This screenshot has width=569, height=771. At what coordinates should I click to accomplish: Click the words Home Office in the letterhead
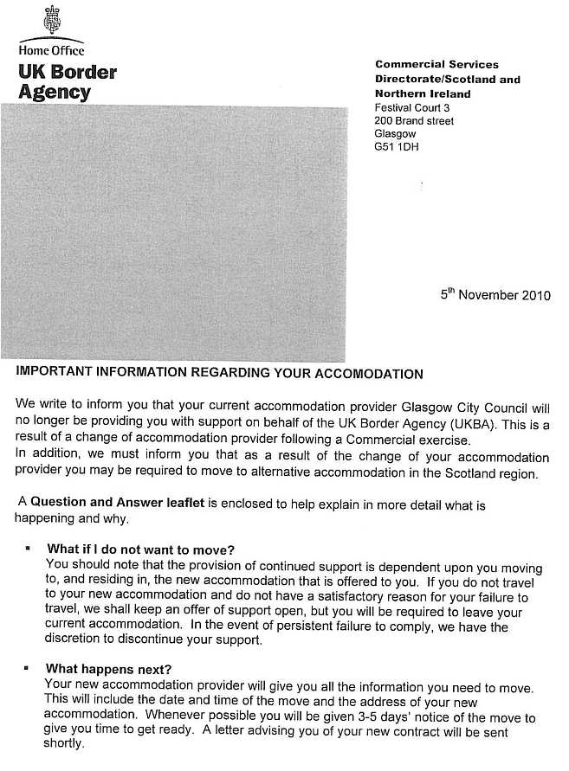(52, 50)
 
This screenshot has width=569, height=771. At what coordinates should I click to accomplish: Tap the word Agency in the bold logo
(54, 92)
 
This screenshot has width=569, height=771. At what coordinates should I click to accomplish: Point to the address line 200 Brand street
(414, 121)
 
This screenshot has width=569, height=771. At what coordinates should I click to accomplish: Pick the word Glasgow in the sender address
(396, 134)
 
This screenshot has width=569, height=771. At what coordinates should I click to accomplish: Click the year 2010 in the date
(535, 295)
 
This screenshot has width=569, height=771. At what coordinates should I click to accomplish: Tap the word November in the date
(488, 295)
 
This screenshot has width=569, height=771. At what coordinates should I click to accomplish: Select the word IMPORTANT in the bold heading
(53, 374)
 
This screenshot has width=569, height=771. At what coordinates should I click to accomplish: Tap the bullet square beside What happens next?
(29, 669)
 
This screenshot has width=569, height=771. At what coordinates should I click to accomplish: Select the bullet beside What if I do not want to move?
(29, 549)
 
